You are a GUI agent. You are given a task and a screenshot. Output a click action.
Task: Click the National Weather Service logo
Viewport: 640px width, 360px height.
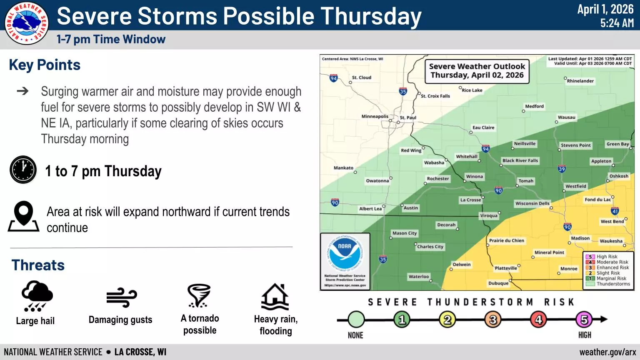27,23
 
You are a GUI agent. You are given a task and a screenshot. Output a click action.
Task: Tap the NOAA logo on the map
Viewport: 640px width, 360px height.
345,252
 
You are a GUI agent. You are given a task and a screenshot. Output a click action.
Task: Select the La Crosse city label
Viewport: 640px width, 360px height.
470,200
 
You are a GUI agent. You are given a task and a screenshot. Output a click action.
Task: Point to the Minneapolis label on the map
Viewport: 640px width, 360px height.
375,116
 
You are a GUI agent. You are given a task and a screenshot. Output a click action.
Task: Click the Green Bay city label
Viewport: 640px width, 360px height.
618,144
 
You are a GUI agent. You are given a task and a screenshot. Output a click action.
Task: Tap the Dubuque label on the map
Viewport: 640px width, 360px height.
498,283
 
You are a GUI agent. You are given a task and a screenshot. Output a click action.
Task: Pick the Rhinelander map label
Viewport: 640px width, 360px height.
580,81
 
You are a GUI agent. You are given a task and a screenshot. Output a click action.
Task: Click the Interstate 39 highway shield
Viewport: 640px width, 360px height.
562,169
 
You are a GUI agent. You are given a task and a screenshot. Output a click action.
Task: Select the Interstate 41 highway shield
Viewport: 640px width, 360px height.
615,211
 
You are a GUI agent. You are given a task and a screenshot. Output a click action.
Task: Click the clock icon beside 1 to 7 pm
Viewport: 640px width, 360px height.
23,170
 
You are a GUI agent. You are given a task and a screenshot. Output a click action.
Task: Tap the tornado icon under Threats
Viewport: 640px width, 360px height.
199,296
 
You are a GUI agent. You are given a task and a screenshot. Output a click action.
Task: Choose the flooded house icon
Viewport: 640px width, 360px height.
275,297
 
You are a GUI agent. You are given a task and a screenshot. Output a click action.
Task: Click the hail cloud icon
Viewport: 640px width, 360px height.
37,296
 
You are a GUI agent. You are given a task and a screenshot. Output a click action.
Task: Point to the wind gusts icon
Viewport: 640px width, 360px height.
122,297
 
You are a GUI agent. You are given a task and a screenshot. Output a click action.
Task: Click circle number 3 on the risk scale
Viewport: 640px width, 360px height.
493,320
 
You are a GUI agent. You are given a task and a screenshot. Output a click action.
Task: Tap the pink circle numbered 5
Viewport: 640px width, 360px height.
584,320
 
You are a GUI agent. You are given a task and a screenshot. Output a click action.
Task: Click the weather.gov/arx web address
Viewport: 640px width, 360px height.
608,352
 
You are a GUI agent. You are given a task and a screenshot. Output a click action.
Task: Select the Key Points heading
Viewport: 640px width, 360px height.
45,65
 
